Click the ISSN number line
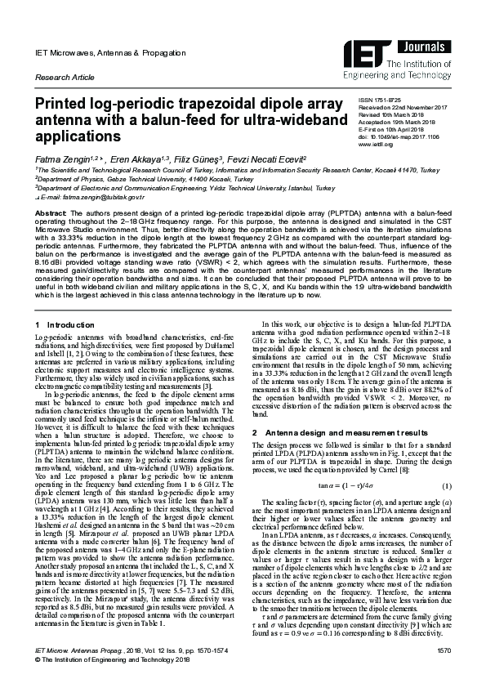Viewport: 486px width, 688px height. [x=380, y=98]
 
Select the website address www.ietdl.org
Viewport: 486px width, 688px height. [x=371, y=144]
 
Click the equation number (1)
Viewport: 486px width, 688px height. [x=448, y=486]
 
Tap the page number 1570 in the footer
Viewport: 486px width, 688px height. [x=444, y=671]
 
